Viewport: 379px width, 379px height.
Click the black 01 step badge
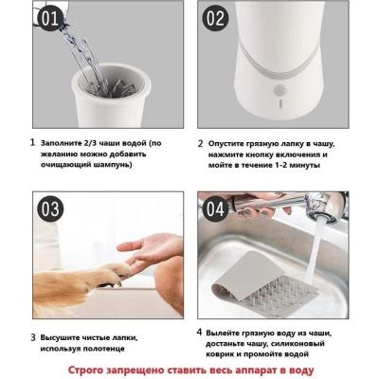50,19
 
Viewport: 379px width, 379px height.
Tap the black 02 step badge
216,19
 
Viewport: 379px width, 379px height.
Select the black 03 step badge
50,209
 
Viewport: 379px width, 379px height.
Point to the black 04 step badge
216,209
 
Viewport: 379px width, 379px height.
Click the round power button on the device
280,90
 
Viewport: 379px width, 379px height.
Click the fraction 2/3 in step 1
90,143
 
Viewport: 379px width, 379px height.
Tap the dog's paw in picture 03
112,272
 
